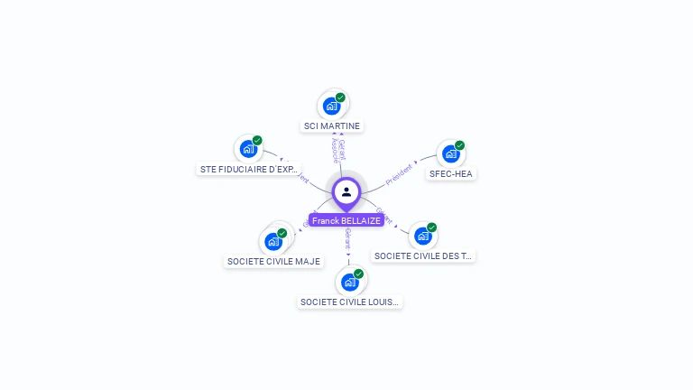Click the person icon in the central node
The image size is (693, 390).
[x=346, y=191]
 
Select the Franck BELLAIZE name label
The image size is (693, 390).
[x=346, y=220]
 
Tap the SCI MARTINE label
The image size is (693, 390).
[x=332, y=126]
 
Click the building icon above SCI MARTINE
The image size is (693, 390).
[x=331, y=107]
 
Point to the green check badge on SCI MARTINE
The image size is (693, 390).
[x=340, y=97]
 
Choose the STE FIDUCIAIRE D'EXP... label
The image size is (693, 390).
[x=248, y=169]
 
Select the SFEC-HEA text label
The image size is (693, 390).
[x=451, y=173]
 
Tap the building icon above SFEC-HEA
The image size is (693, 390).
[x=450, y=154]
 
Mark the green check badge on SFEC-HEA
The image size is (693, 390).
[x=459, y=145]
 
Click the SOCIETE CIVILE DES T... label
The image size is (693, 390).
[x=423, y=255]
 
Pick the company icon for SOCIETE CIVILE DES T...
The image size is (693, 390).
[x=422, y=237]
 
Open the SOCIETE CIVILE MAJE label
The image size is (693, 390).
[x=273, y=261]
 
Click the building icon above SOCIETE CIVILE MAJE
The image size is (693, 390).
[x=273, y=242]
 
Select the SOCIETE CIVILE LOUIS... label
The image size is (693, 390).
[x=349, y=302]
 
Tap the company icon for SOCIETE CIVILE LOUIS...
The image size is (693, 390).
[x=349, y=283]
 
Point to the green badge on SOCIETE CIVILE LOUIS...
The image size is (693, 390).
[x=358, y=274]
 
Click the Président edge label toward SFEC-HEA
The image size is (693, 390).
[x=399, y=174]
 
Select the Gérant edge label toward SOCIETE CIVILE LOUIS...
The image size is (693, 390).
[x=348, y=238]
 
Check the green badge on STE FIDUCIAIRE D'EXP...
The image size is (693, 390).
[x=257, y=141]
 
